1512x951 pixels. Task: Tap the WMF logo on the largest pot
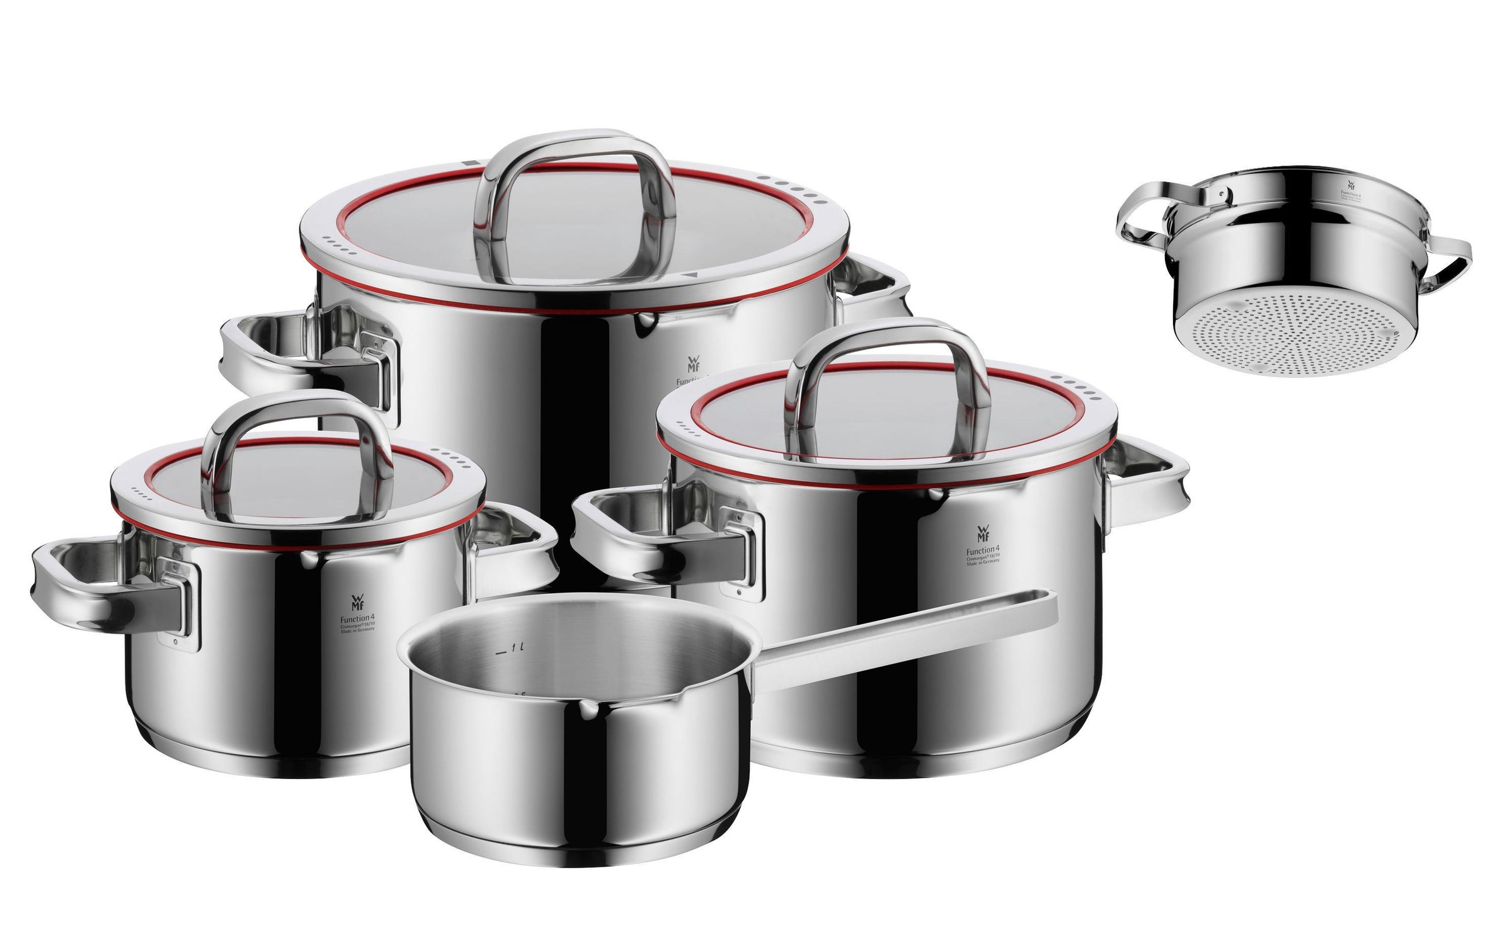coord(690,365)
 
